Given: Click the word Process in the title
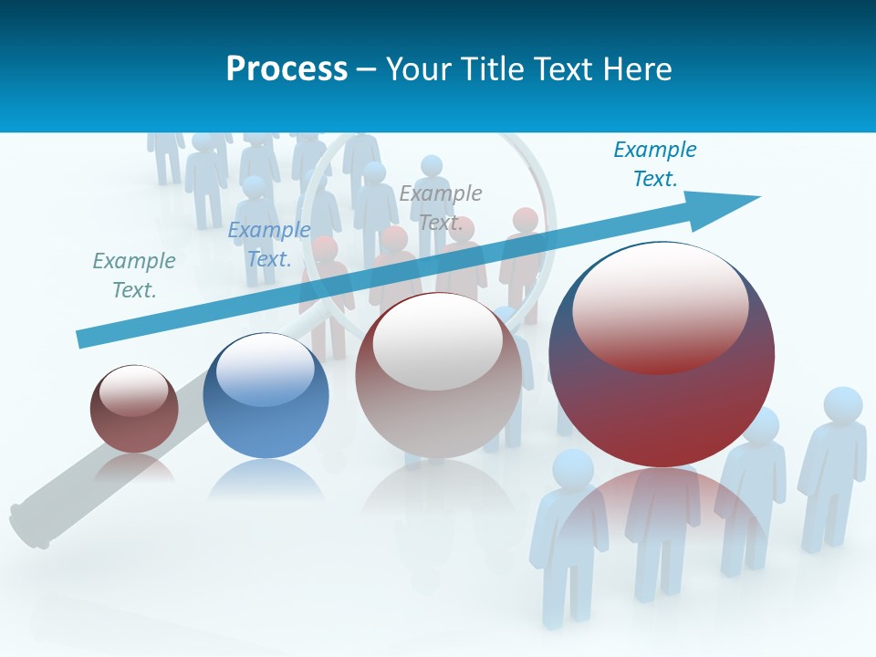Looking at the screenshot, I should click(x=287, y=68).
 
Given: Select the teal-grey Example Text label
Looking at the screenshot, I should click(x=134, y=276).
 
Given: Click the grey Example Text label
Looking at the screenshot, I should click(x=441, y=208).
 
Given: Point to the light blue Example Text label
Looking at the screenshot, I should click(x=269, y=245).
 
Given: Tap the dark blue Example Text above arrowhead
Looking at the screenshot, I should click(x=654, y=164).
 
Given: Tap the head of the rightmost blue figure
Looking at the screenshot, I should click(x=842, y=405).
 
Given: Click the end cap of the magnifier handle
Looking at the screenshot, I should click(x=27, y=525).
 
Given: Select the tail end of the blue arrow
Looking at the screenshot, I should click(x=84, y=339).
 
